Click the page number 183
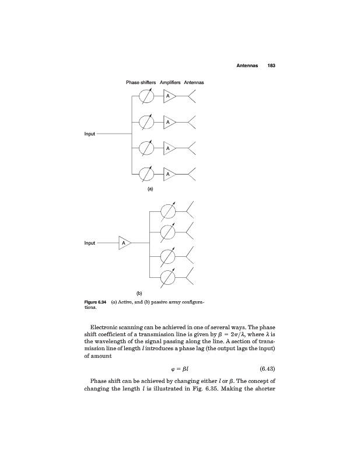(x=271, y=65)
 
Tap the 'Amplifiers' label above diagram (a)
(x=169, y=83)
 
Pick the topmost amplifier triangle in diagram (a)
(x=168, y=96)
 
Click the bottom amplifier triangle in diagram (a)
(x=168, y=173)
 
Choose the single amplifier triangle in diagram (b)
(x=124, y=242)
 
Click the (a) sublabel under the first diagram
(x=150, y=190)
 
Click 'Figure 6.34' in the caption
(x=93, y=302)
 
